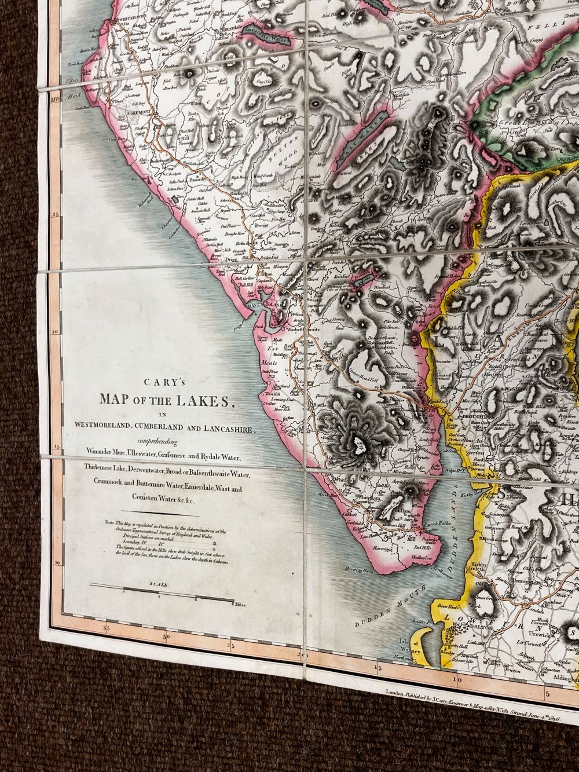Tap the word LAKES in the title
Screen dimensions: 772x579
point(201,400)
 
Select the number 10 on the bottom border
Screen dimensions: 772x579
point(457,680)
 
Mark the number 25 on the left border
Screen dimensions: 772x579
point(56,215)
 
